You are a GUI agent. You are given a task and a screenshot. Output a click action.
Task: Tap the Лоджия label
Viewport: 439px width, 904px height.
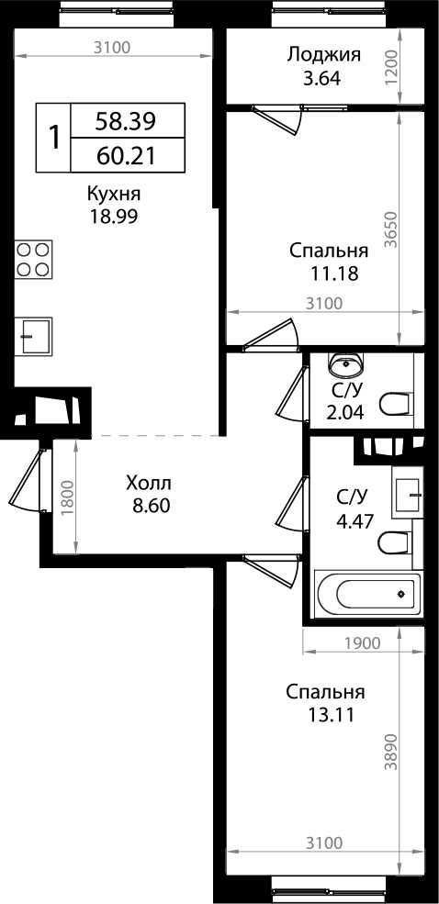click(323, 54)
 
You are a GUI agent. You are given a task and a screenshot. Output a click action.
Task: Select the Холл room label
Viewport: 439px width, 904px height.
click(149, 483)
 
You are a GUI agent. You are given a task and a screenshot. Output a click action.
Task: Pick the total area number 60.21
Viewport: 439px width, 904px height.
click(126, 155)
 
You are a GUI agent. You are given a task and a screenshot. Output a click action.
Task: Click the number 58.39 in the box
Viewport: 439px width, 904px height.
click(126, 119)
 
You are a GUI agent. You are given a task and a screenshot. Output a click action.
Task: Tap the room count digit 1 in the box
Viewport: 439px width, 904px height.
click(54, 138)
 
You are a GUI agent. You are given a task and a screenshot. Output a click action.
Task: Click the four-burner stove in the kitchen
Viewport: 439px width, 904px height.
click(34, 259)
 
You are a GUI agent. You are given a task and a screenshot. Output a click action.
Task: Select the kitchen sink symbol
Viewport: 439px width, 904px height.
click(34, 337)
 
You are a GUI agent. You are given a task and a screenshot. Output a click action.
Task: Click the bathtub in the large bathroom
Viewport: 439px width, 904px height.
click(367, 594)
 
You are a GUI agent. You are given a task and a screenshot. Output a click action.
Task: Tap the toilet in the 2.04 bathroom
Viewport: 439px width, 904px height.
click(395, 404)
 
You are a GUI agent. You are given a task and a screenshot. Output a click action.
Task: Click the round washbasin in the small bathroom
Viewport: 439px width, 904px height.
click(348, 364)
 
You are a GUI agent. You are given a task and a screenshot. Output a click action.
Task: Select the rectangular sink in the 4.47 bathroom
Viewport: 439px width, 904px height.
click(406, 493)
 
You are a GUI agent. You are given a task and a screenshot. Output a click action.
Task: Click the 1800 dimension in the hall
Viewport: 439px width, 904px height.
click(66, 500)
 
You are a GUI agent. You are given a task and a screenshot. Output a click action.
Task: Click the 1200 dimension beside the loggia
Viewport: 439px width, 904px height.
click(392, 67)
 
